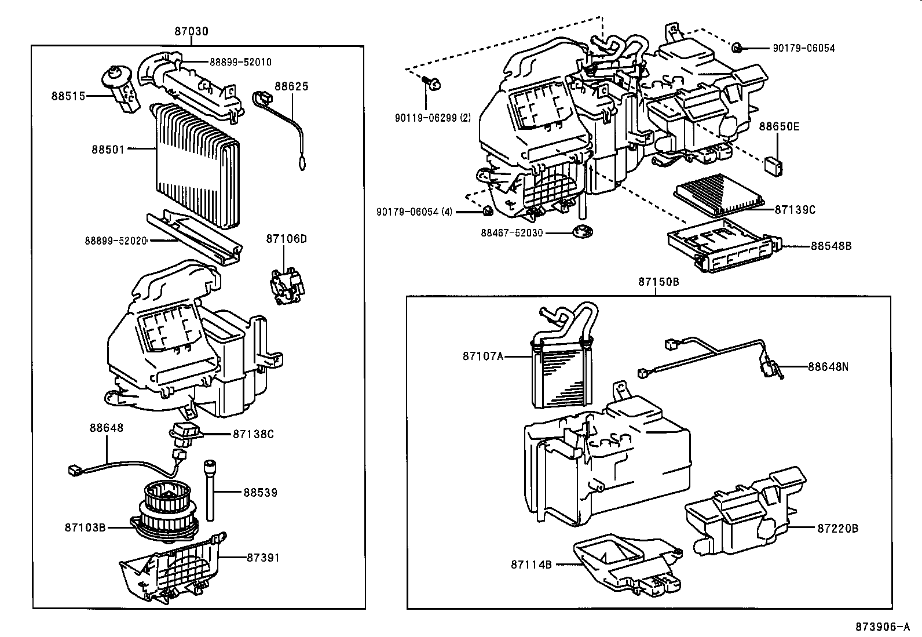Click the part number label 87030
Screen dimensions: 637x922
191,31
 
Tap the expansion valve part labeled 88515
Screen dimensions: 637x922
120,90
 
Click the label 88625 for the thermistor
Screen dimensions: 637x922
291,87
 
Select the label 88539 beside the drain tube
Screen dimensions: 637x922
260,492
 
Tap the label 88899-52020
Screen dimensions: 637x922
116,240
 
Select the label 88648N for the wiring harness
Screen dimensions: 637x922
828,366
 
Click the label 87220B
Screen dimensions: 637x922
837,528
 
